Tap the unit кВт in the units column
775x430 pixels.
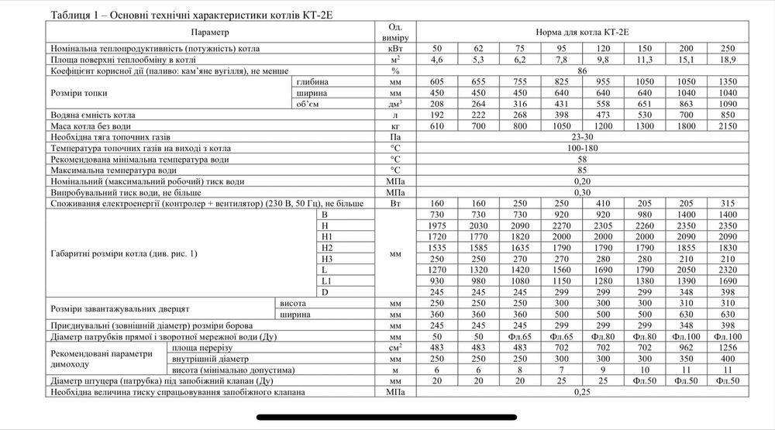(395, 48)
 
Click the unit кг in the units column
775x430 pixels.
(395, 125)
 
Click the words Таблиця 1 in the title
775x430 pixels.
(74, 15)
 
